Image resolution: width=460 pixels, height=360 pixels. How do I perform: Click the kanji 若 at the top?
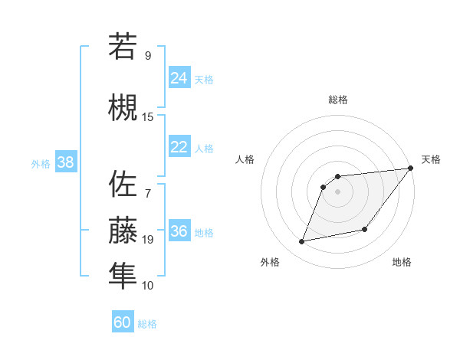pos(123,46)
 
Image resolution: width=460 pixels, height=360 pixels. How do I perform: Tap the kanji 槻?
pos(123,107)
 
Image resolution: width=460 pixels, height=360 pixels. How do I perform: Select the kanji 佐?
pos(123,184)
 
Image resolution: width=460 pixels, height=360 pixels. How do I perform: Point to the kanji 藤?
pos(123,230)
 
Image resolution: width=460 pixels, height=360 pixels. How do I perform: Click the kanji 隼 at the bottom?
pos(123,276)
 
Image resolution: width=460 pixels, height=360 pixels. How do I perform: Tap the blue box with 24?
pos(179,78)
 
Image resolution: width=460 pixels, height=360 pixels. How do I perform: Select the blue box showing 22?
pos(179,148)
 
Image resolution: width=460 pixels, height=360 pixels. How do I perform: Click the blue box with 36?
pos(179,232)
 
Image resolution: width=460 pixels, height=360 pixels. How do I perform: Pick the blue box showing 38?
pos(65,163)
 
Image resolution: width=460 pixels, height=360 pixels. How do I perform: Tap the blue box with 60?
pos(123,322)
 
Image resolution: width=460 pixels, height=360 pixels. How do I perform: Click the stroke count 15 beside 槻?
pos(148,116)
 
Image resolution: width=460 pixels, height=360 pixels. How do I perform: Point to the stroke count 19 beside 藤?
pos(148,240)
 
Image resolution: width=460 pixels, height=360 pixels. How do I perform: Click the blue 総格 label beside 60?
pos(147,324)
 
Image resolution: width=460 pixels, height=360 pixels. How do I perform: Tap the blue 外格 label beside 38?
pos(40,164)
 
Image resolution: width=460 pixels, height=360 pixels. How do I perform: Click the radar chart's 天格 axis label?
pos(431,159)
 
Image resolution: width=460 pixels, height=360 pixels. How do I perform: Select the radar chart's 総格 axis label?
pos(338,100)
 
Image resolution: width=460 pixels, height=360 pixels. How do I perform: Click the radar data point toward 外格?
pos(302,242)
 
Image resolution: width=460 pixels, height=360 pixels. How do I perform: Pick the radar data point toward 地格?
pos(365,229)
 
